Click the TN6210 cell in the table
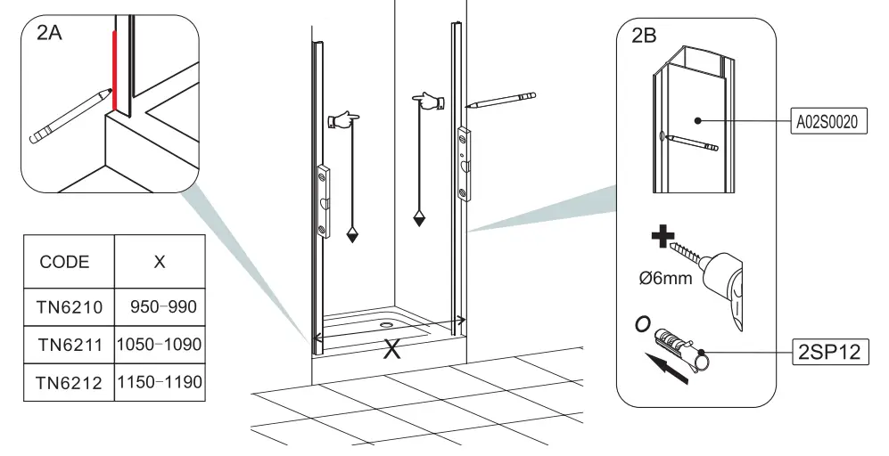click(70, 307)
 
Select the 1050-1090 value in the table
click(160, 345)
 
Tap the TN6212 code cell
click(70, 383)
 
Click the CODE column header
click(65, 262)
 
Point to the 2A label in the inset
click(50, 35)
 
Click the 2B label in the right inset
click(644, 37)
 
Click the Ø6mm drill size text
click(666, 279)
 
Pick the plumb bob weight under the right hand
click(419, 218)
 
